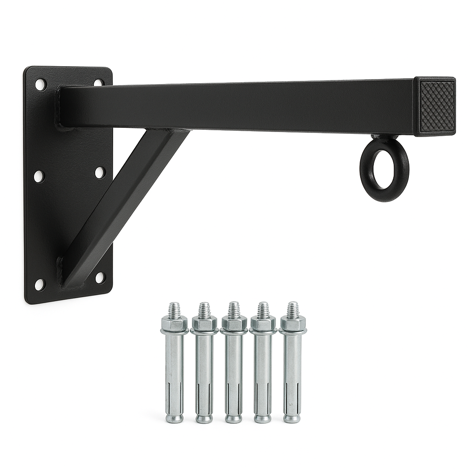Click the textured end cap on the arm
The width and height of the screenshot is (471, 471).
[436, 106]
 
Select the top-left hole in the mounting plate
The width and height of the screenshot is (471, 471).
[40, 85]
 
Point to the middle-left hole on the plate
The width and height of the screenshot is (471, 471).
[39, 176]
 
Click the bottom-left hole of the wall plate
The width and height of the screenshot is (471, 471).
[40, 285]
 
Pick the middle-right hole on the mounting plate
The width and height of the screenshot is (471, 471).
[100, 172]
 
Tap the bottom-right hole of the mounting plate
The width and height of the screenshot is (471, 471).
[99, 277]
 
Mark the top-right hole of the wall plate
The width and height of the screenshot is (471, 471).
[98, 83]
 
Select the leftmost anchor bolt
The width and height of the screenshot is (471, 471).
[174, 368]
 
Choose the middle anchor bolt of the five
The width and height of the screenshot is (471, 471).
[234, 368]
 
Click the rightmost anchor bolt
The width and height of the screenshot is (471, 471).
[292, 368]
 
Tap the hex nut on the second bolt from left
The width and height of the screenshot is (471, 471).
[204, 324]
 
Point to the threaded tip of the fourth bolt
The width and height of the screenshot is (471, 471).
[263, 309]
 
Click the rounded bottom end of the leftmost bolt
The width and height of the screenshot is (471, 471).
[174, 418]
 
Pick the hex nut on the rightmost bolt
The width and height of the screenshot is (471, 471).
[293, 324]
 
